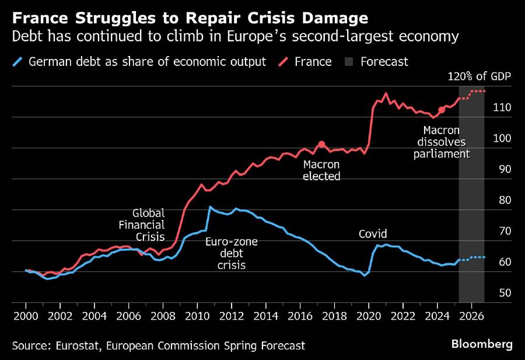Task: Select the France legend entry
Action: pyautogui.click(x=312, y=61)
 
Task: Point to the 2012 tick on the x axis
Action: pyautogui.click(x=232, y=316)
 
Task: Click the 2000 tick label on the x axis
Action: pyautogui.click(x=26, y=316)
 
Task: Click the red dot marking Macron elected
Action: pyautogui.click(x=321, y=144)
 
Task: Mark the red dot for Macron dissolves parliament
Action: pyautogui.click(x=442, y=110)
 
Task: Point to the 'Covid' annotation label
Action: pyautogui.click(x=373, y=234)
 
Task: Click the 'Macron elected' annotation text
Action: pyautogui.click(x=321, y=170)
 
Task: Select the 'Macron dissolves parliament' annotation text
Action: pyautogui.click(x=442, y=142)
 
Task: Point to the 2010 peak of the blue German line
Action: pyautogui.click(x=210, y=207)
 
